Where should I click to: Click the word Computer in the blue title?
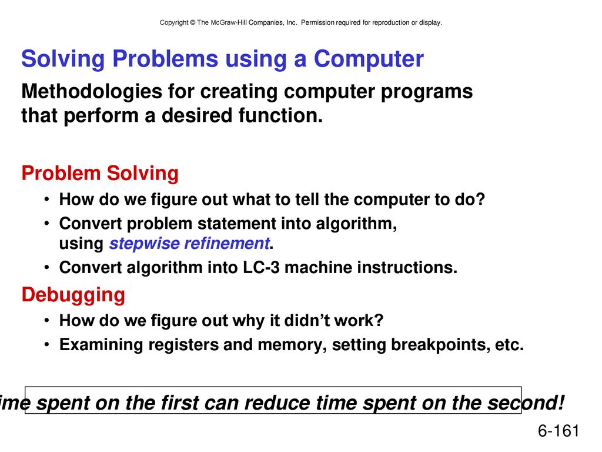click(x=369, y=59)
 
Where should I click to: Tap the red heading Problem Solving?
click(x=100, y=174)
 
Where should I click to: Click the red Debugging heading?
click(x=73, y=295)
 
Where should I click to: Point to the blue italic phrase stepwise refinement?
click(x=189, y=243)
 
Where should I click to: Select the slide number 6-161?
click(x=558, y=430)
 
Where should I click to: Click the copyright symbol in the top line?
click(x=192, y=23)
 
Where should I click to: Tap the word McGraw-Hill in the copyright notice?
click(x=229, y=23)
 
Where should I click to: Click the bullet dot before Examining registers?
click(x=46, y=345)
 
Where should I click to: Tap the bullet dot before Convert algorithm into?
click(x=46, y=268)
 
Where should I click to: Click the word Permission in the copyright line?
click(x=317, y=23)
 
